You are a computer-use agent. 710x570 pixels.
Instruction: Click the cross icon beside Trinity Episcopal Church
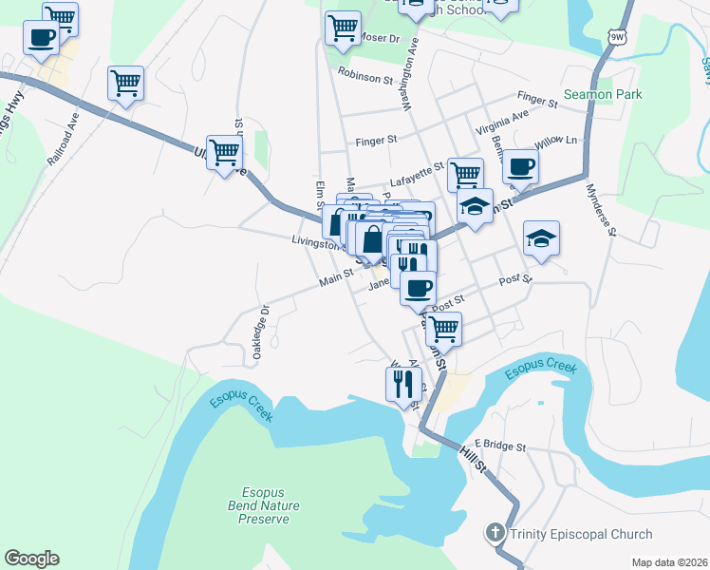495,533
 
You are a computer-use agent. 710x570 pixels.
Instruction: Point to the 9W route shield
618,37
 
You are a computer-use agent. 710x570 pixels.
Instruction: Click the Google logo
31,558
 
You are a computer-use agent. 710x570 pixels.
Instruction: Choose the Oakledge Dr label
262,332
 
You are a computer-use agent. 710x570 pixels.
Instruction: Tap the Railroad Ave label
62,140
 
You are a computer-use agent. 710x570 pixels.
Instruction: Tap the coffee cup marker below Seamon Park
520,168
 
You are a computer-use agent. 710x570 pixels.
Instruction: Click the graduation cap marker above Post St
541,239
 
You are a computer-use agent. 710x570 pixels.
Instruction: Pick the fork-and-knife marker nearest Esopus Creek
403,384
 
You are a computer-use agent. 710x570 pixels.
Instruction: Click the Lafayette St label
417,172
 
